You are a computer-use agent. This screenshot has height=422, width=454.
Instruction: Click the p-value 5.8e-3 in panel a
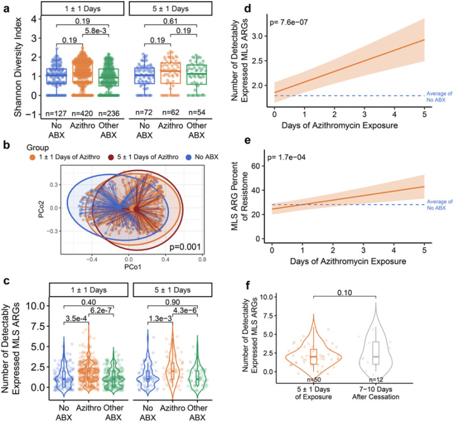[x=96, y=30]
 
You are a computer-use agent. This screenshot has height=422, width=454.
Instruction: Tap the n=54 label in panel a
[x=197, y=112]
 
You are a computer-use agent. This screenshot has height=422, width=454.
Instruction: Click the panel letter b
[x=6, y=145]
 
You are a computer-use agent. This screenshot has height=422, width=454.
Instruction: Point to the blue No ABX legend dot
[x=189, y=157]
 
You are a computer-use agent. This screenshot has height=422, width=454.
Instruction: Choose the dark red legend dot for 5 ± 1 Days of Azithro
[x=111, y=157]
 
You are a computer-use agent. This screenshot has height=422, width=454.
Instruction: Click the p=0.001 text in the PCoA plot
[x=185, y=247]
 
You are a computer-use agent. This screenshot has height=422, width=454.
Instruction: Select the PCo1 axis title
[x=133, y=266]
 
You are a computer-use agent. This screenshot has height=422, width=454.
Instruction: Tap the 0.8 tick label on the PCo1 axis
[x=202, y=259]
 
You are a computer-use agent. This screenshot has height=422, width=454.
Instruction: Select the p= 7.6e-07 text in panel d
[x=289, y=22]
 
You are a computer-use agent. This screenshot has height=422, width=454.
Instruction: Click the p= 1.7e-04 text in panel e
[x=286, y=157]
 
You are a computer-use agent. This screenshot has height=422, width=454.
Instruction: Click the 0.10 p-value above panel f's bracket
[x=344, y=293]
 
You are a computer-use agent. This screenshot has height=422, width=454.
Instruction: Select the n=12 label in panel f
[x=376, y=380]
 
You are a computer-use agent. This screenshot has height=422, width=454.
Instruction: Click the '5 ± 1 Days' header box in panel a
[x=170, y=9]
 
